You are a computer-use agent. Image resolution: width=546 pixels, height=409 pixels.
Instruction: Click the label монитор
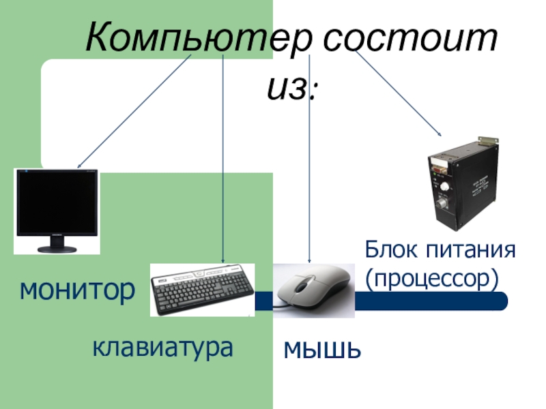point(76,290)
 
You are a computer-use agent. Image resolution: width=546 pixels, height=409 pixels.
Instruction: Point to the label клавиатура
point(162,347)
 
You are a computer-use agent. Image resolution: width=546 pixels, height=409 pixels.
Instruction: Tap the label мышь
point(321,351)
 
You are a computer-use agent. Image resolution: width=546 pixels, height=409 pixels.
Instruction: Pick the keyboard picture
point(203,290)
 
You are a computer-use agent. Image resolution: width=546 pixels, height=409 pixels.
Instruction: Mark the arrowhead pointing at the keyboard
point(223,260)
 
